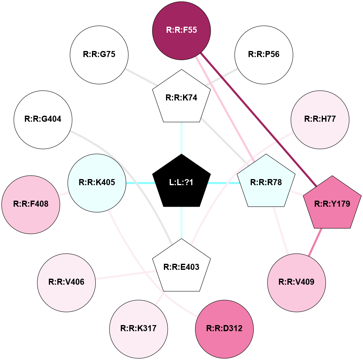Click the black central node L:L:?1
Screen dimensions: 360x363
coord(181,182)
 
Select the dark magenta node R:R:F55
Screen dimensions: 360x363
coord(181,30)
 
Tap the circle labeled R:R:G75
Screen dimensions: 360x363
coord(99,55)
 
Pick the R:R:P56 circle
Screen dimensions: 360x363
coord(264,55)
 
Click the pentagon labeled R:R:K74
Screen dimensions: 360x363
coord(181,97)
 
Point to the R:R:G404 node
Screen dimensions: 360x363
coord(43,120)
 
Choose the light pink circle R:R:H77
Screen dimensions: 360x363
coord(320,120)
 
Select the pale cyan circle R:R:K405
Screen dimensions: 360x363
coord(97,183)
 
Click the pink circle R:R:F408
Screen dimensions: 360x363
coord(31,204)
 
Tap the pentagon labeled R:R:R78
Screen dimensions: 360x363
coord(266,182)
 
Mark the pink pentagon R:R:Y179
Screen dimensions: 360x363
coord(332,204)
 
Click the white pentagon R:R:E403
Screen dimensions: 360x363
coord(181,267)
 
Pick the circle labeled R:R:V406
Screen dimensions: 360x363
coord(66,282)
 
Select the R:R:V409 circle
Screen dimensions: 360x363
coord(297,282)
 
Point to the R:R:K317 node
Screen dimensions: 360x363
coord(138,329)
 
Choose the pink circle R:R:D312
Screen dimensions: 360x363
coord(224,329)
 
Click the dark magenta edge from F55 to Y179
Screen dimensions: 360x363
coord(258,118)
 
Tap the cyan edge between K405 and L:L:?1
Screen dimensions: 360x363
coord(140,183)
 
